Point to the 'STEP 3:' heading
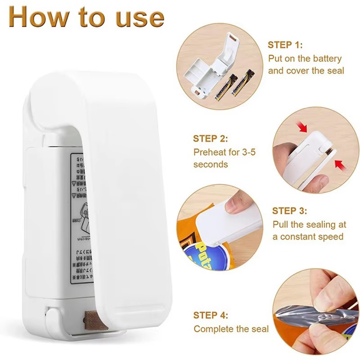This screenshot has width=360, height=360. (290, 211)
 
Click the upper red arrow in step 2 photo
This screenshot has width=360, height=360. (303, 127)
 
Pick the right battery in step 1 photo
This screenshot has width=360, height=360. (242, 83)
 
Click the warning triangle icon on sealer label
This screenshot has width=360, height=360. (75, 183)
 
